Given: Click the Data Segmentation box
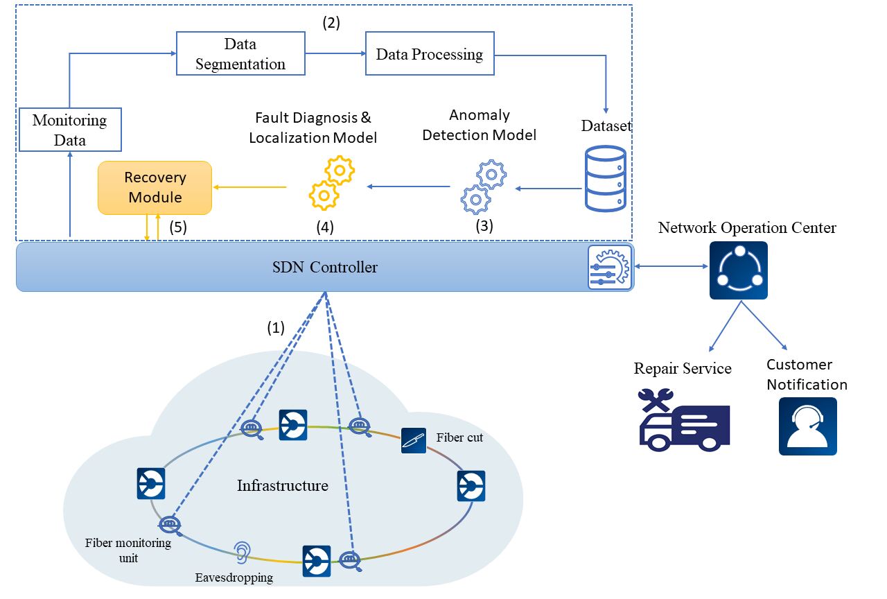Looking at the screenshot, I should tap(240, 54).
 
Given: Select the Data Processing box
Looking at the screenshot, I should tap(430, 54).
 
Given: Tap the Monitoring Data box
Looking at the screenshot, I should tap(70, 130).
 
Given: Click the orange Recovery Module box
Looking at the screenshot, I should tap(155, 187).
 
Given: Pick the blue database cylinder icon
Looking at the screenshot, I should tap(605, 178).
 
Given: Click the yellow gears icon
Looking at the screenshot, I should tap(331, 183).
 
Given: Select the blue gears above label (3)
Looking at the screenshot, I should tap(484, 187).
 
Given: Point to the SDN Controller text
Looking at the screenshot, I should tap(325, 267).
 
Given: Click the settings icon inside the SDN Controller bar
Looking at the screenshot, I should tap(610, 266).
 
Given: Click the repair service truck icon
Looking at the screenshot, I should tap(684, 419).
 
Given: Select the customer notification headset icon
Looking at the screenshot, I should tap(807, 426).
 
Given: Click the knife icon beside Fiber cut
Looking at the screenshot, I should tap(414, 441).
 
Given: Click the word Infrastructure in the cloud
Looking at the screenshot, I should tap(283, 485).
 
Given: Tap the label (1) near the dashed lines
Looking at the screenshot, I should tap(276, 328).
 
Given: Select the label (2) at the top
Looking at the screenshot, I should tap(331, 22).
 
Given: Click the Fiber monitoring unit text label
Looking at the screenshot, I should tap(128, 549).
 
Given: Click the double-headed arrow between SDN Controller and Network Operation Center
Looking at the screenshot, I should tap(671, 266).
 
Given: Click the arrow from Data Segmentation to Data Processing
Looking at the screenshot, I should tap(335, 53).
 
